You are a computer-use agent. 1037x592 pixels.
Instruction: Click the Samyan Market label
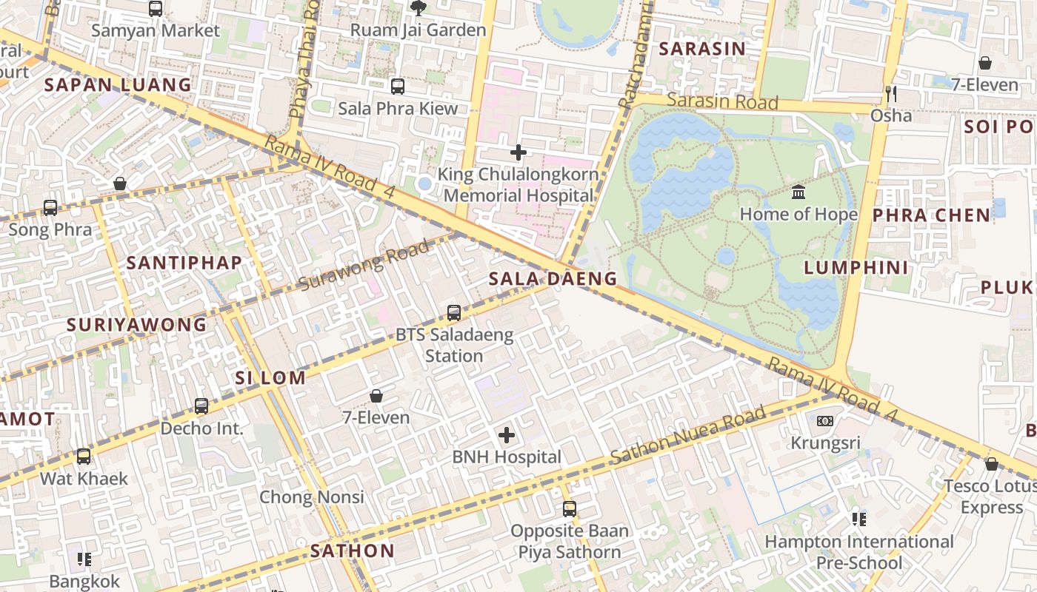[x=156, y=30]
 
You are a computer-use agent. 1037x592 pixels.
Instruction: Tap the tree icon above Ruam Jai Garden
[x=418, y=8]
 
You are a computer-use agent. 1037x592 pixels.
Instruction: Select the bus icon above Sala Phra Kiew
[x=398, y=87]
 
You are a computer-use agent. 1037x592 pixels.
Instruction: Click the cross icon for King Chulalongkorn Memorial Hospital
[x=518, y=152]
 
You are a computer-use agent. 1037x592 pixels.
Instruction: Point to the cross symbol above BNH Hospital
[x=507, y=435]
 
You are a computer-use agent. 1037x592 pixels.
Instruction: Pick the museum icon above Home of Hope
[x=798, y=192]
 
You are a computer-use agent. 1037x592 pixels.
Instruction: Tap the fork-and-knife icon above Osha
[x=891, y=94]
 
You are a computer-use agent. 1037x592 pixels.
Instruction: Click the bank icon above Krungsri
[x=825, y=421]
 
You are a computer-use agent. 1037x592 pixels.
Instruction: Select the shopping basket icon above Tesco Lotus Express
[x=991, y=464]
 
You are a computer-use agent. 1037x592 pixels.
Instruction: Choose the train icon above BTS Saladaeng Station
[x=454, y=313]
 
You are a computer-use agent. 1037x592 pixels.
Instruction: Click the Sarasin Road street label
[x=722, y=101]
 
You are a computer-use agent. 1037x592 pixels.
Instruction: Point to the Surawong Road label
[x=364, y=266]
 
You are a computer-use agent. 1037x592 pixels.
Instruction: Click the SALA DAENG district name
[x=553, y=279]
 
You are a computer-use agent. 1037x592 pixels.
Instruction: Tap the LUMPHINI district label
[x=856, y=268]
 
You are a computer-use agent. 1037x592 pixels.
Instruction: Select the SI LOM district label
[x=270, y=377]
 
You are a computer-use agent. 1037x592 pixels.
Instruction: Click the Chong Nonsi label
[x=311, y=497]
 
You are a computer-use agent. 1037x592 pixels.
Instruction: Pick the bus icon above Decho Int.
[x=201, y=406]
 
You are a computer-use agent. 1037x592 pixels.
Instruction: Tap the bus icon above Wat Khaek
[x=84, y=457]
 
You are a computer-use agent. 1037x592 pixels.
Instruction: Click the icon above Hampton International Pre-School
[x=859, y=519]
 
